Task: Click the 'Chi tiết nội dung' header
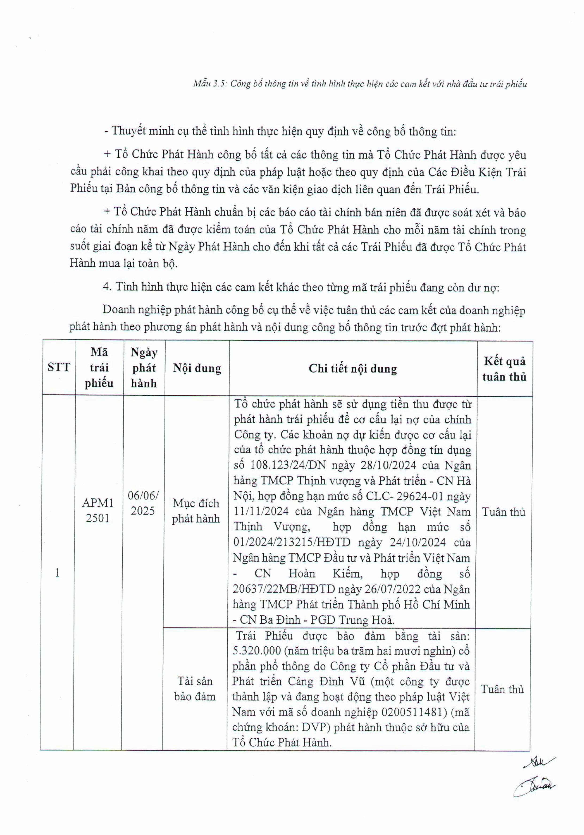353,368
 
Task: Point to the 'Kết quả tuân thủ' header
504,368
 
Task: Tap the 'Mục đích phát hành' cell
196,510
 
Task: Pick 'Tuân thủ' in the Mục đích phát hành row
503,512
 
